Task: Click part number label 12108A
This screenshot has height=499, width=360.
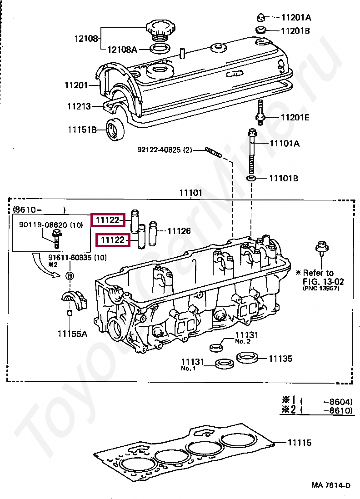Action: (121, 50)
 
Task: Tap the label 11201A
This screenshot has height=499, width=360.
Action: (296, 18)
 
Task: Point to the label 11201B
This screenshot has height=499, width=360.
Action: (296, 31)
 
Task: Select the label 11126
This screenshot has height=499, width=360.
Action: (179, 231)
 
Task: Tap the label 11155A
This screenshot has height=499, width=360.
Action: (72, 334)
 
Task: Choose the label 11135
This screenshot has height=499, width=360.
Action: (280, 359)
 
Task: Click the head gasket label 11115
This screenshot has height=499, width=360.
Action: (299, 442)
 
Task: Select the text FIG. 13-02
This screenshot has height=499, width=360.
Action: (323, 281)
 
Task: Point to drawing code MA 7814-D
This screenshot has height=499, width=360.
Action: (331, 485)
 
